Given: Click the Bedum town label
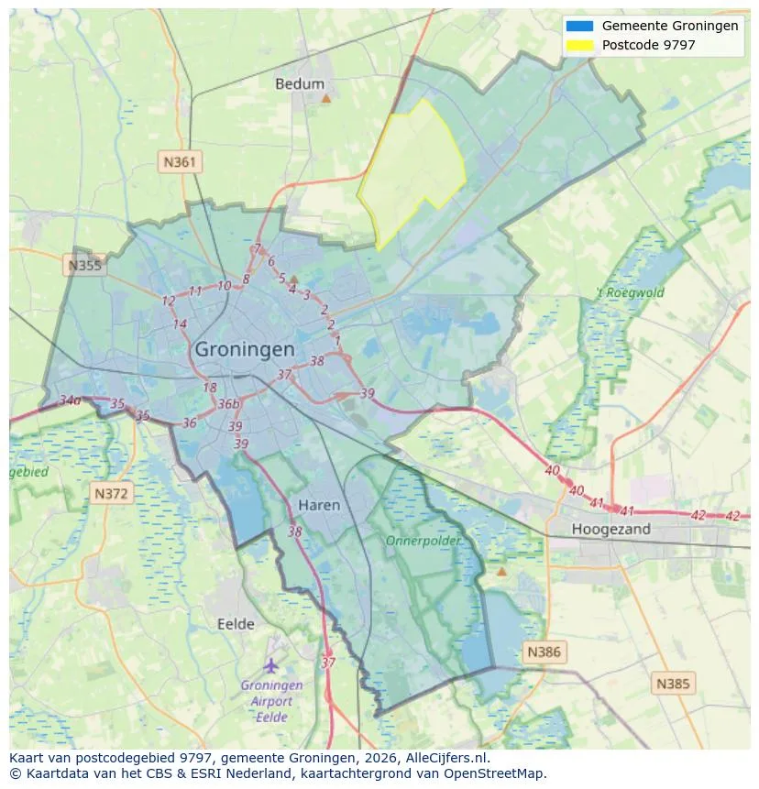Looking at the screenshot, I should (300, 84).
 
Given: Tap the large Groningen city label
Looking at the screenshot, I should (245, 350).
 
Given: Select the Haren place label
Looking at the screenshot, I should (319, 505).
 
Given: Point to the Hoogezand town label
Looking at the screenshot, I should (610, 529).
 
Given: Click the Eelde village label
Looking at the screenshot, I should (236, 624).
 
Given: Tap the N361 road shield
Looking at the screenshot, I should (180, 162).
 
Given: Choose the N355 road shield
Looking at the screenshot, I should (84, 266).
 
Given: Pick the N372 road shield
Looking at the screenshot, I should (113, 494).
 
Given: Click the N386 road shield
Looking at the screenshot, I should (543, 652).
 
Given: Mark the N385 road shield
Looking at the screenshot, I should (674, 683).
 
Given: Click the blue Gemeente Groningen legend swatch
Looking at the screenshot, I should (580, 27).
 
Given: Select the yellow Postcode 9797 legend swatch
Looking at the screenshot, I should (580, 45).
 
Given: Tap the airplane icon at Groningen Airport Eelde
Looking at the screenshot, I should (270, 664).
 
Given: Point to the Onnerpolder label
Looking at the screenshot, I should (423, 542).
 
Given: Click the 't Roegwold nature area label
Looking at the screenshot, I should (630, 293).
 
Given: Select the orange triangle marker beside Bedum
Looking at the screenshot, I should (325, 97).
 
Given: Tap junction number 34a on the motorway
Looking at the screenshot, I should (70, 400).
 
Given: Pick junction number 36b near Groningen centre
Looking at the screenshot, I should (228, 404).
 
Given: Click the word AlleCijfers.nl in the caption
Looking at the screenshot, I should (448, 758).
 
